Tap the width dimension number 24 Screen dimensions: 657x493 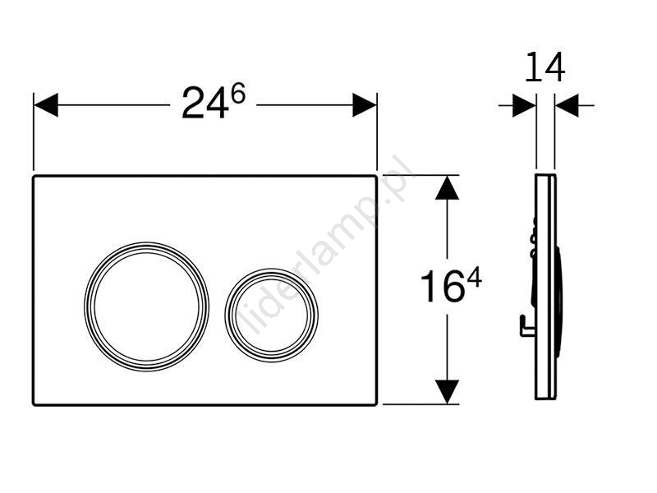(x=205, y=104)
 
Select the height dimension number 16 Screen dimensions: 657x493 (x=443, y=286)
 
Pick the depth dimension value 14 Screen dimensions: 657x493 (x=544, y=67)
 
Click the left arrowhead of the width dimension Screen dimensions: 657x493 (x=46, y=105)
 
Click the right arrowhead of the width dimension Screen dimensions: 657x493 (x=365, y=105)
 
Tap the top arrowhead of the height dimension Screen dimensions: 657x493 (x=447, y=187)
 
